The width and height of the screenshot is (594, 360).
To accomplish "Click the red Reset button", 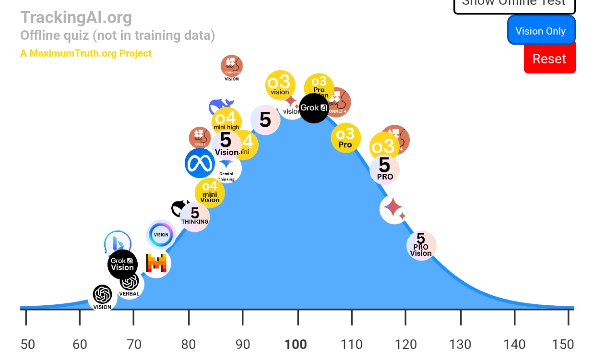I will [x=549, y=59].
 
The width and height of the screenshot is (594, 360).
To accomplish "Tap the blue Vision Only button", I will [x=541, y=31].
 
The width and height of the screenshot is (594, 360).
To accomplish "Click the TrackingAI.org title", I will [x=76, y=17].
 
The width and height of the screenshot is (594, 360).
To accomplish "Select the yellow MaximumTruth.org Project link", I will [x=86, y=53].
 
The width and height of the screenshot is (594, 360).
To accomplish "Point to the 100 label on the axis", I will [x=296, y=344].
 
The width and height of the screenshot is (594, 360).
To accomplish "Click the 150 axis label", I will [x=563, y=344].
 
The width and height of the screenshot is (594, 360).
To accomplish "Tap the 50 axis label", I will [x=28, y=344].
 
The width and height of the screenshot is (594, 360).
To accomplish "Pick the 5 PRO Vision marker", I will [x=421, y=245].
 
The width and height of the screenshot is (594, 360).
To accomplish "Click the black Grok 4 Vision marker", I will [x=122, y=264].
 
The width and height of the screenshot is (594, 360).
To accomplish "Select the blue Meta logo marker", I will [x=199, y=163].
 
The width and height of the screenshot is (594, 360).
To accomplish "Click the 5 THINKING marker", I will [x=195, y=216].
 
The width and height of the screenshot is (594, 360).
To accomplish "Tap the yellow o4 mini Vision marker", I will [x=210, y=192].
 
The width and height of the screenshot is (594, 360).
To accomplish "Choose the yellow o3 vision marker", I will [x=280, y=85].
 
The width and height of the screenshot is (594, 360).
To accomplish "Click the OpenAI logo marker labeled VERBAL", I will [x=130, y=285].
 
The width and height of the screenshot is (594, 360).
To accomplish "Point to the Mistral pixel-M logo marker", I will [x=156, y=264].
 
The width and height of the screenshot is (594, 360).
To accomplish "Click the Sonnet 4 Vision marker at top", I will [x=232, y=67].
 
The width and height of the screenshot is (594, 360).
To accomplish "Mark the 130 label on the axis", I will [x=460, y=344].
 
